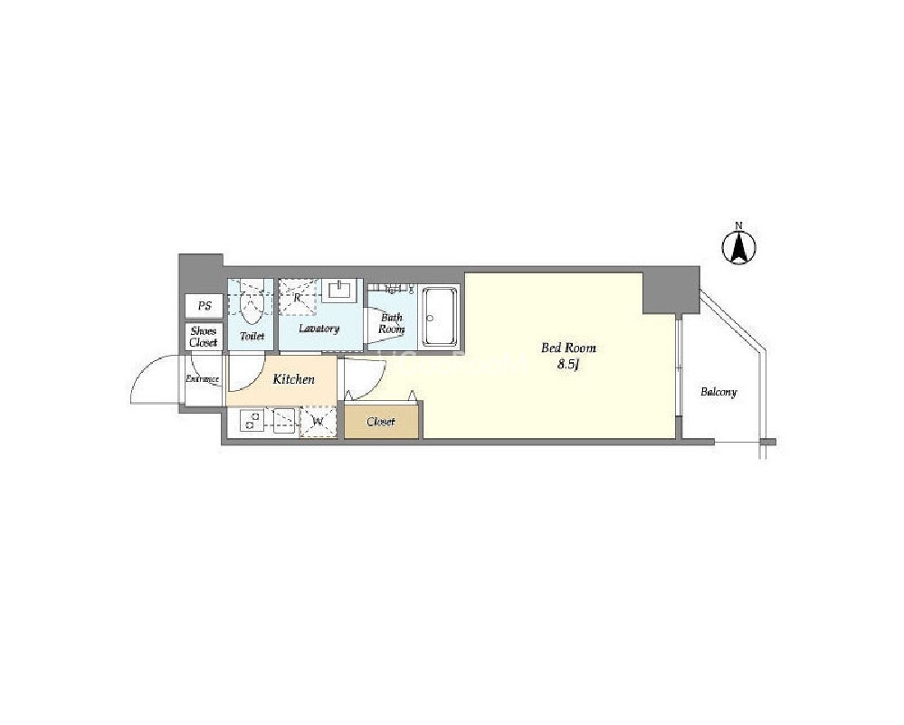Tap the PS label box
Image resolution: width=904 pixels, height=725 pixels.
coord(205,306)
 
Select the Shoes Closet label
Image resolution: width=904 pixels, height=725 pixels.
coord(204,337)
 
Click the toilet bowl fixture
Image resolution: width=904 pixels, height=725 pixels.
coord(252,304)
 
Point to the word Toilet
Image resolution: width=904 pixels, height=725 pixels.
coord(252,336)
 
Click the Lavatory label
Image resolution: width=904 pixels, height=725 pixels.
coord(319,329)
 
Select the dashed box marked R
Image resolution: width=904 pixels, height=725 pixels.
coord(298,298)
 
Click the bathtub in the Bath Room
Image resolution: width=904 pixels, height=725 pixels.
coord(440,316)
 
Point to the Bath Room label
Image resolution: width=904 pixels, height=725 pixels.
coord(392,323)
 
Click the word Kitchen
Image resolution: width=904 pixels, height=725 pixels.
coord(294,379)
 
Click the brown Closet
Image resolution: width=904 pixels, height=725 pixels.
coord(382,422)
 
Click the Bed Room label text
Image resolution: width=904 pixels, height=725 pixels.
coord(568,348)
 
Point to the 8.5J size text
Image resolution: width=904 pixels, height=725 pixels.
coord(568,365)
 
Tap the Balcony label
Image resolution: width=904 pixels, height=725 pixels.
coord(718,392)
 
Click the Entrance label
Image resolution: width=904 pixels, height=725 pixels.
coord(203,379)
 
